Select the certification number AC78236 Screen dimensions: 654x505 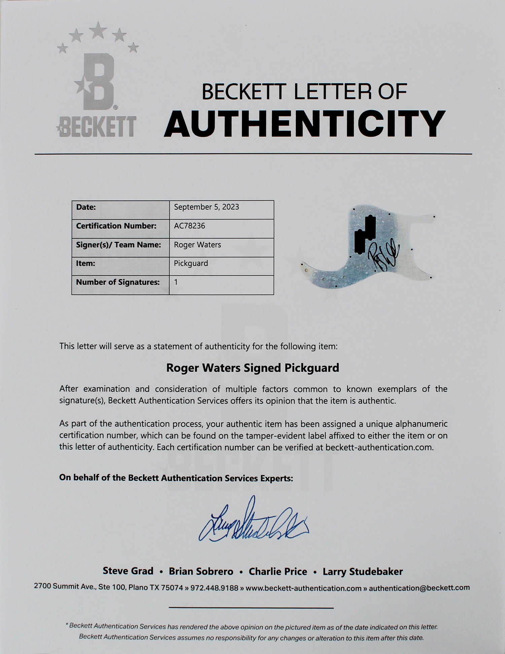(189, 226)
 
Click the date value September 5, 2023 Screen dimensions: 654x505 (206, 207)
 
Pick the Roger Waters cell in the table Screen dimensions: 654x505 (197, 245)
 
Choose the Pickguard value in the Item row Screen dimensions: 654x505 (191, 263)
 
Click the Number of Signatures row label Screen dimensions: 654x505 (118, 282)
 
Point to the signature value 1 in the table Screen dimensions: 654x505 (176, 282)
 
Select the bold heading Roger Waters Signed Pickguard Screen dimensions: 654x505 (253, 368)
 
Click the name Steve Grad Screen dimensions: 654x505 (128, 571)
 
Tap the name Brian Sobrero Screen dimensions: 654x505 (201, 571)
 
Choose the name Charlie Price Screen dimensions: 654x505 (278, 571)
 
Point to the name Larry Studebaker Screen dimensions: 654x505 (363, 571)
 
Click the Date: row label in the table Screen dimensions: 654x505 (86, 207)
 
